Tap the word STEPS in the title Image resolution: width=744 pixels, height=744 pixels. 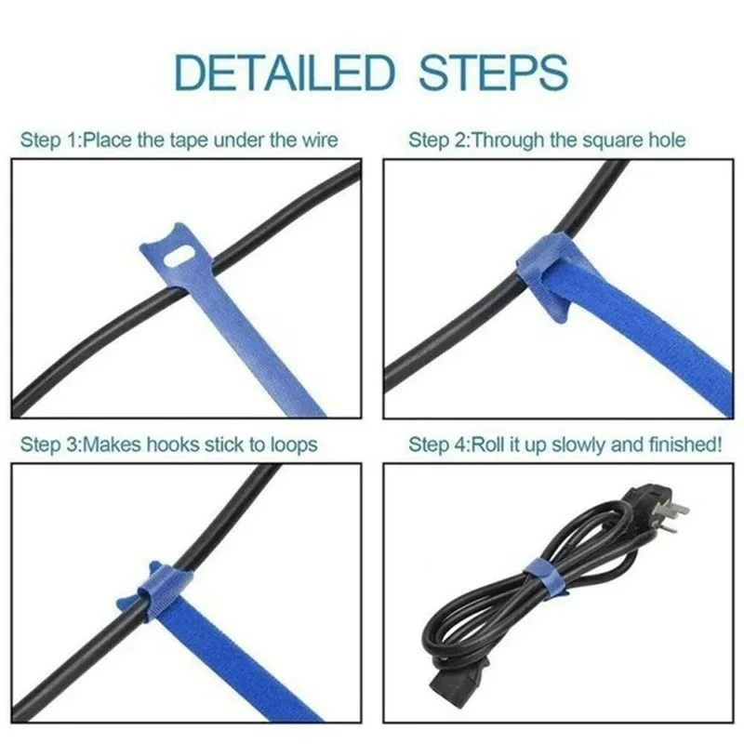click(493, 72)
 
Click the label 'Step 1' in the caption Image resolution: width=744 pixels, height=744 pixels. click(46, 140)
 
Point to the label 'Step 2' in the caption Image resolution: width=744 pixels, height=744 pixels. click(435, 140)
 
